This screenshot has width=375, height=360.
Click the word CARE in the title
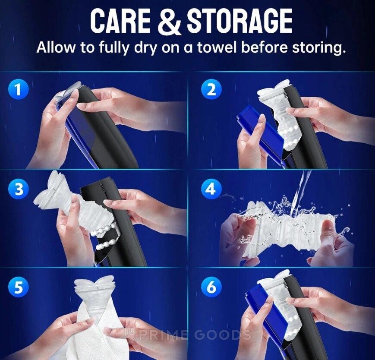(x=120, y=21)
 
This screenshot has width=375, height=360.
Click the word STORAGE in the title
(x=239, y=21)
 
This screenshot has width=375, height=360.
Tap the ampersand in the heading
(x=169, y=21)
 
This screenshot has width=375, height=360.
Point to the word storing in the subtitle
(x=318, y=48)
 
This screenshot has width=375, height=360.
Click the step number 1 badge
(x=19, y=90)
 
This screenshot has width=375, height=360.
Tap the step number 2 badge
(x=211, y=90)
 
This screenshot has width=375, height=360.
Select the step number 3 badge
(x=19, y=189)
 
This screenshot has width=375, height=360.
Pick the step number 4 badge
(x=211, y=189)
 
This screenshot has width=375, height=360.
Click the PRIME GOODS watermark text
(x=186, y=335)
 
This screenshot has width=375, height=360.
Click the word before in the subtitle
(x=263, y=47)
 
